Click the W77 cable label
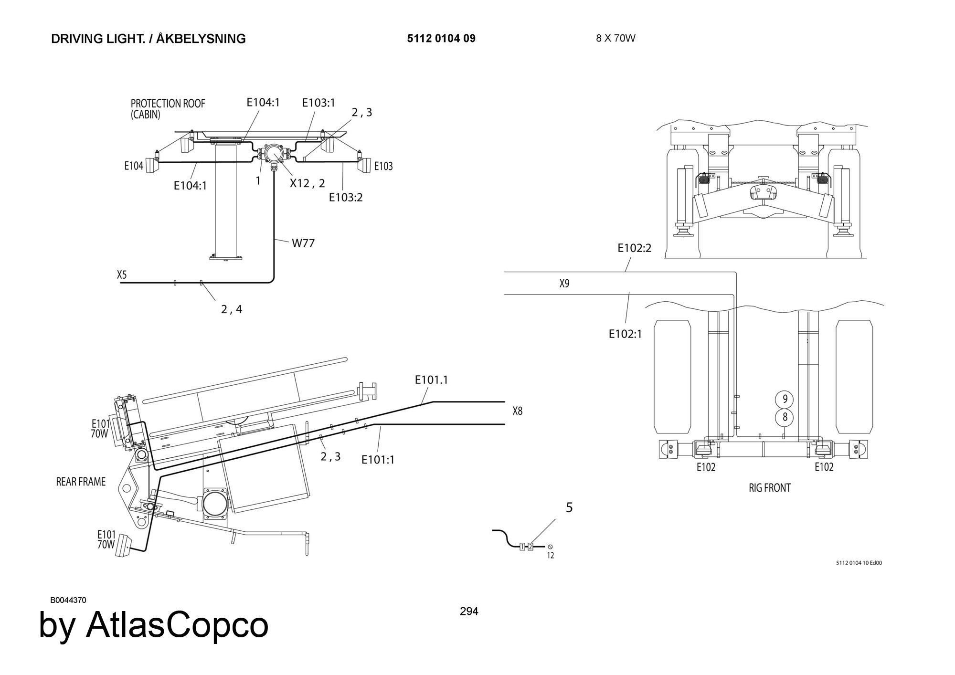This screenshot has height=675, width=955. (303, 243)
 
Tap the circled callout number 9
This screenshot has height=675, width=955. (784, 399)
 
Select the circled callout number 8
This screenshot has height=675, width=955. (784, 417)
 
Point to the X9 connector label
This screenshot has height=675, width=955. (564, 284)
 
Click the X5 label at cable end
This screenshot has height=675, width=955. (122, 274)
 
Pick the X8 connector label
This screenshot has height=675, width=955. (517, 411)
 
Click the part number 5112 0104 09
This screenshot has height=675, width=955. (441, 39)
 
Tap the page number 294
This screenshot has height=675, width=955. (469, 611)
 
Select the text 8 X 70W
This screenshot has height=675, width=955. (615, 38)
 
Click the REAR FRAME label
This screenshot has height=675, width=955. (81, 482)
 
